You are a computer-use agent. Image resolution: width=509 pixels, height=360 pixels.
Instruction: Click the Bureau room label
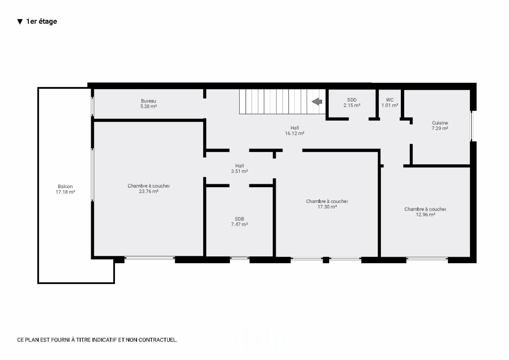tap(148, 101)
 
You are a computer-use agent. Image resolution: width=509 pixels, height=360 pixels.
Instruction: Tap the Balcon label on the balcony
tap(65, 186)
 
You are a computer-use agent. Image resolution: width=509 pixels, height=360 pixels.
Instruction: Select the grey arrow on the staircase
tap(317, 101)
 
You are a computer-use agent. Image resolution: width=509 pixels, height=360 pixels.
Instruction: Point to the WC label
tap(389, 100)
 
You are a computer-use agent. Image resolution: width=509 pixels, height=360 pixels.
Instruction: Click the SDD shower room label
tap(352, 100)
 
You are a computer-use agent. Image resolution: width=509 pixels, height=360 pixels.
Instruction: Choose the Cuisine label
tap(440, 123)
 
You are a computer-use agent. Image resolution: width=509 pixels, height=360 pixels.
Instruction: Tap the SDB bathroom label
tap(240, 219)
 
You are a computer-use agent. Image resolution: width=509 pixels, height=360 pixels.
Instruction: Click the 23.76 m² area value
tap(148, 191)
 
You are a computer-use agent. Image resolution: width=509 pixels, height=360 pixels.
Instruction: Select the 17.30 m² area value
tap(327, 207)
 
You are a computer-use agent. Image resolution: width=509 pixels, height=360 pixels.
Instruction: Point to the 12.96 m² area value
tap(425, 214)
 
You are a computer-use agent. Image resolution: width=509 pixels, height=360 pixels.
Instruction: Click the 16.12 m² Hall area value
tap(294, 133)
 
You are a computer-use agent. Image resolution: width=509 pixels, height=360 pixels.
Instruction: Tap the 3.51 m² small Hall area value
tap(240, 171)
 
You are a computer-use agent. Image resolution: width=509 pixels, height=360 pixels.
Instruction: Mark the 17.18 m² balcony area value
tap(65, 192)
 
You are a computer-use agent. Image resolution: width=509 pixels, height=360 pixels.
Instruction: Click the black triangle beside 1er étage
tap(20, 22)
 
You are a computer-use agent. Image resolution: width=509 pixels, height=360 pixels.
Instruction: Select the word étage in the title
tap(48, 22)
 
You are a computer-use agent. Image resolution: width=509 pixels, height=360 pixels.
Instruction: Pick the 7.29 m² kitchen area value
tap(440, 128)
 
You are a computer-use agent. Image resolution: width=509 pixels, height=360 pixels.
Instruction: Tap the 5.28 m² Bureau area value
tap(148, 106)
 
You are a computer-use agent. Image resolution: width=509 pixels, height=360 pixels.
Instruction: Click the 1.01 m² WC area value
tap(389, 105)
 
